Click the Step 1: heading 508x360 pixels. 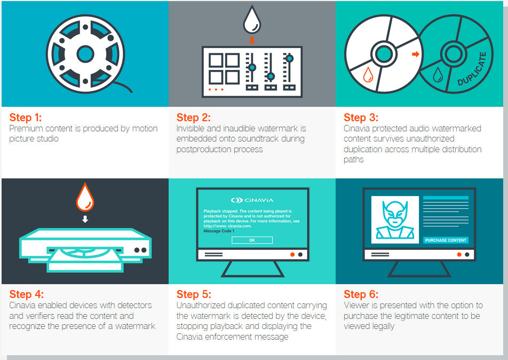point(26,118)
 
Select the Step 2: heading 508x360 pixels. point(193,118)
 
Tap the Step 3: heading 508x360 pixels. point(361,118)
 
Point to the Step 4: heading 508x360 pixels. point(26,294)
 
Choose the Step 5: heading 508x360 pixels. point(193,294)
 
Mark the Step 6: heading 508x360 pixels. point(361,294)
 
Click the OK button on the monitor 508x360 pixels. point(252,240)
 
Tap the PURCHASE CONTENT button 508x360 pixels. point(446,240)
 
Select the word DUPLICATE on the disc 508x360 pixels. point(472,69)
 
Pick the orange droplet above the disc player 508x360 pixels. point(85,199)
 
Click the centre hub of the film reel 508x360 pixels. point(85,53)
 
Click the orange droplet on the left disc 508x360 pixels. point(368,75)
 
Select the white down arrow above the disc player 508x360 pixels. point(85,219)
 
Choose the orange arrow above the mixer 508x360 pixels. point(252,40)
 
